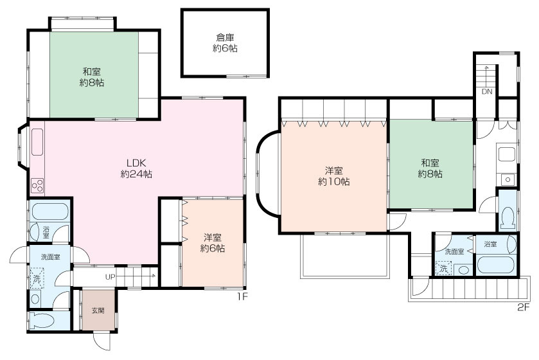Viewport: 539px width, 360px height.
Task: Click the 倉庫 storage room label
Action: click(x=225, y=37)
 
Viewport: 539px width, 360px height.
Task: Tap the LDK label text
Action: click(x=136, y=163)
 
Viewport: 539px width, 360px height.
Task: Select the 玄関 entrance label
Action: click(x=98, y=310)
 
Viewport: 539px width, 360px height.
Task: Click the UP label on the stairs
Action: click(x=110, y=277)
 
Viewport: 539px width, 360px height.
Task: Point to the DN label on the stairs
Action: click(x=487, y=91)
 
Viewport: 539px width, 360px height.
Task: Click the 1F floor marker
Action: click(x=242, y=296)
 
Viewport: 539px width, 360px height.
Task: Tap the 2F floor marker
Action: click(x=523, y=307)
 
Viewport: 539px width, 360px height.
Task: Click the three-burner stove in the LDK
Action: click(x=37, y=186)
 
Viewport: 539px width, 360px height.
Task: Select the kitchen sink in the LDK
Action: click(x=37, y=141)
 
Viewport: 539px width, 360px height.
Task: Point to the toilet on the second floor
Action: click(x=508, y=219)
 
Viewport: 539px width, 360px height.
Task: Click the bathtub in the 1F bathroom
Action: click(x=50, y=211)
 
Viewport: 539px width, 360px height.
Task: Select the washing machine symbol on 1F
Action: click(x=37, y=278)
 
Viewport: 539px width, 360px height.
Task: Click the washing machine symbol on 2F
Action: click(x=444, y=268)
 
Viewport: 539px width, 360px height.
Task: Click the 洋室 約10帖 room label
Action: click(x=334, y=176)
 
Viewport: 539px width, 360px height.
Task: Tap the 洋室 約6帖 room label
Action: click(x=213, y=243)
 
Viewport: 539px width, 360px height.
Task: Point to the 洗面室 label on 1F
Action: click(x=51, y=257)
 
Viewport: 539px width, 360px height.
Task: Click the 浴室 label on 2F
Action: click(x=490, y=244)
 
